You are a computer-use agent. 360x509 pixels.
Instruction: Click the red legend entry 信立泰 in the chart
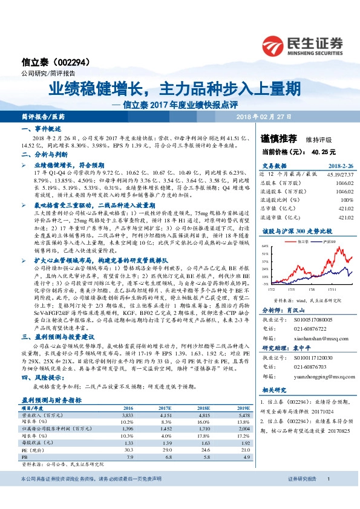[x=303, y=241]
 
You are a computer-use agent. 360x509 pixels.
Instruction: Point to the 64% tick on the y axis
[x=280, y=247]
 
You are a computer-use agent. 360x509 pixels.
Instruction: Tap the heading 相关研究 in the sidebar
[x=276, y=389]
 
